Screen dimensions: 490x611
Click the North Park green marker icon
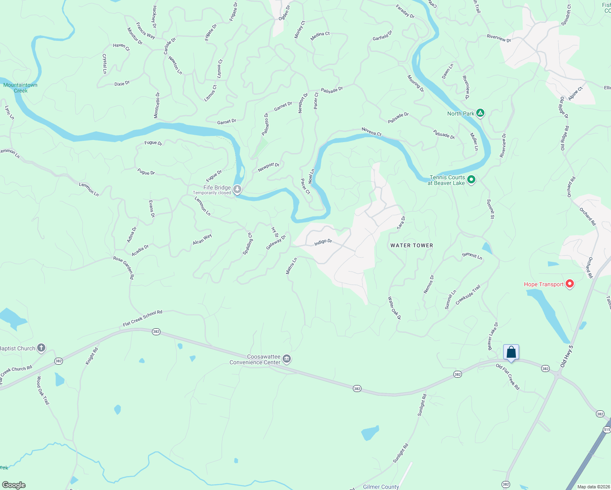tap(480, 113)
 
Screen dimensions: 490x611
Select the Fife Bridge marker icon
tap(237, 189)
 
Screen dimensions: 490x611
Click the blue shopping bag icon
tap(511, 352)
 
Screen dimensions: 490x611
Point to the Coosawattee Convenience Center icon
tap(287, 359)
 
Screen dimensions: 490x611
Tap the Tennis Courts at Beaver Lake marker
tap(471, 180)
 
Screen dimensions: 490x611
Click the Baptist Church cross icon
tap(41, 348)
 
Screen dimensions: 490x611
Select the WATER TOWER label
tap(412, 245)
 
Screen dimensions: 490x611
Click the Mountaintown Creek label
tap(20, 88)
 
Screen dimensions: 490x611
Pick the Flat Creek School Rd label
tap(143, 318)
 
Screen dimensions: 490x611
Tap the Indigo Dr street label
tap(323, 242)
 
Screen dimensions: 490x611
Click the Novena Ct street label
tap(371, 131)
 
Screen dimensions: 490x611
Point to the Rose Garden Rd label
tap(124, 267)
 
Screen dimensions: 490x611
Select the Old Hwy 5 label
tap(567, 356)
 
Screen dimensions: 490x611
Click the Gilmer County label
tap(381, 487)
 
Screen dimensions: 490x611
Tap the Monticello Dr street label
tap(157, 105)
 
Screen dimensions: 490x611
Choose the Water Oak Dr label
tap(395, 308)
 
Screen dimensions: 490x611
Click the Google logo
tap(13, 485)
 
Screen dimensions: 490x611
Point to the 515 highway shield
tap(607, 430)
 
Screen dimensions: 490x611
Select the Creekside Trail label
tap(468, 295)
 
